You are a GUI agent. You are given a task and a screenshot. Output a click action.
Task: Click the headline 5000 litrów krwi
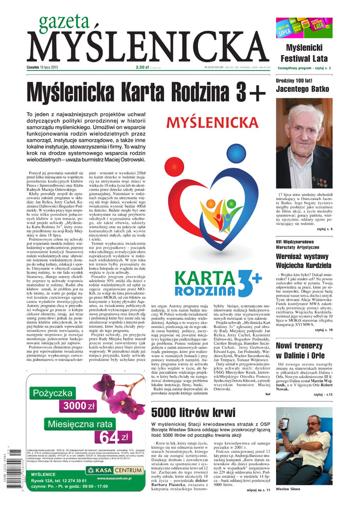(x=192, y=411)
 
